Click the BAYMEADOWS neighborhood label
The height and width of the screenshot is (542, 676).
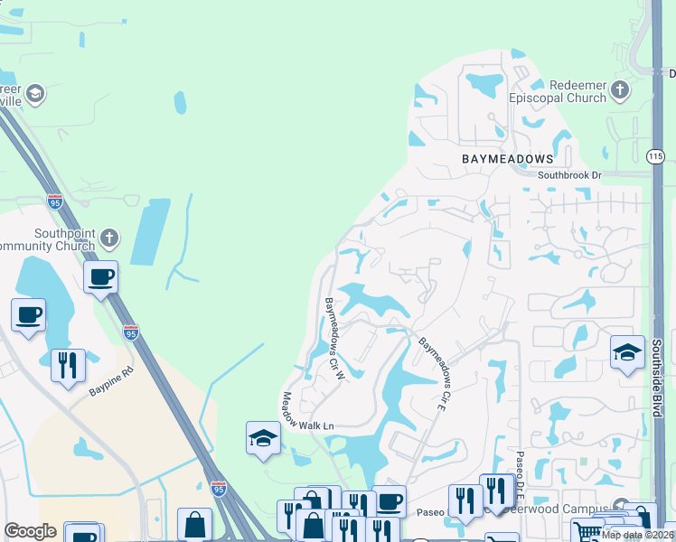tap(506, 158)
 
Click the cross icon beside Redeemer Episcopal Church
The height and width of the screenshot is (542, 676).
tap(620, 89)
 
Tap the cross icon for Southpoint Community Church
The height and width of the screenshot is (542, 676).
tap(108, 238)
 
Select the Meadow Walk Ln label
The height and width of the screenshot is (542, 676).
tap(307, 411)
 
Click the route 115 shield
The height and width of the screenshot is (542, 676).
tap(656, 156)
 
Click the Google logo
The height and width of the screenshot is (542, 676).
tap(30, 531)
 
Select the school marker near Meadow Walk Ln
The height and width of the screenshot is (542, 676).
tap(262, 438)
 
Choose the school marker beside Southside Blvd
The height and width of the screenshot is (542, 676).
tap(627, 352)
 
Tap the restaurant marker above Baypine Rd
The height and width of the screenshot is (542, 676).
tap(68, 365)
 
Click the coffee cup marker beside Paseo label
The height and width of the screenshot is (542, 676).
tap(390, 500)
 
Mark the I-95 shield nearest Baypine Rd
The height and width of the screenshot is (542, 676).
tap(131, 332)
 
